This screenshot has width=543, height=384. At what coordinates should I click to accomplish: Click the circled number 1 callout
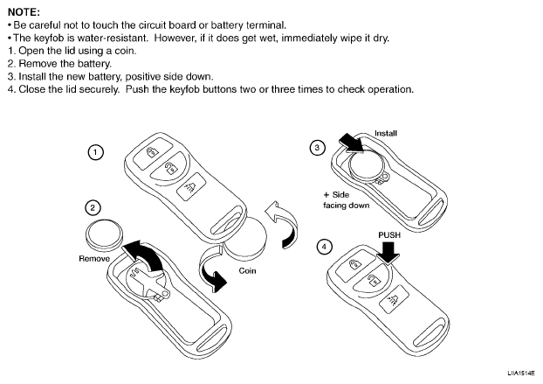click(97, 152)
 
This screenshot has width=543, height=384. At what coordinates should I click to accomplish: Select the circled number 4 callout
click(326, 248)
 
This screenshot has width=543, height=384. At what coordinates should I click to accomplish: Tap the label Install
click(385, 133)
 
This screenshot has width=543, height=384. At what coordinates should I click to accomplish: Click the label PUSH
click(389, 234)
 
